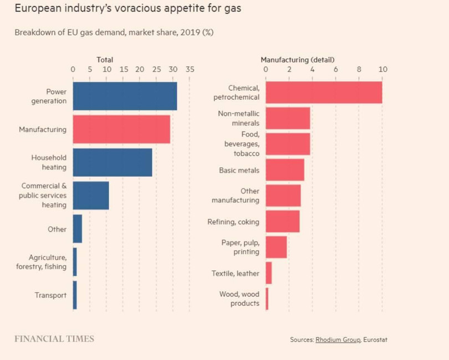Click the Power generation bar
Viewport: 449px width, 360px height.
coord(125,96)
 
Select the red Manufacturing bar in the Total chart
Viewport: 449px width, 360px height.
coord(121,129)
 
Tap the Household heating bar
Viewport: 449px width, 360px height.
coord(113,162)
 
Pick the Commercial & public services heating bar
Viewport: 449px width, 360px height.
coord(91,196)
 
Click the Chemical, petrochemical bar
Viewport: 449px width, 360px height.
coord(324,92)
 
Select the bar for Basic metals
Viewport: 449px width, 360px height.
coord(285,170)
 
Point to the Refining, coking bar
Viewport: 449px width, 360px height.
coord(283,222)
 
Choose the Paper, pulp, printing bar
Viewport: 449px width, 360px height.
coord(276,247)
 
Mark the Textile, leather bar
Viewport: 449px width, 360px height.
coord(269,273)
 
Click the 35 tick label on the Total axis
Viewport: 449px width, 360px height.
coord(190,70)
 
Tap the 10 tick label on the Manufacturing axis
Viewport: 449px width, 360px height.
coord(382,70)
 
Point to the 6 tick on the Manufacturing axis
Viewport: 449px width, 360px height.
coord(336,70)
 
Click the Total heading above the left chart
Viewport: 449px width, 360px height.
coord(105,60)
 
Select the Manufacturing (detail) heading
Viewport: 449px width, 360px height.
coord(298,60)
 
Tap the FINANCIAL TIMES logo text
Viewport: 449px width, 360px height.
coord(54,339)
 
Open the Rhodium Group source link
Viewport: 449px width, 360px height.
coord(338,340)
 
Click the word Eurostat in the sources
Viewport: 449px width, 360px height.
coord(375,340)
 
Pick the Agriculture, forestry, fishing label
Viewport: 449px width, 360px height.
coord(42,262)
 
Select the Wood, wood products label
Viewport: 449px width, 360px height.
coord(239,299)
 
